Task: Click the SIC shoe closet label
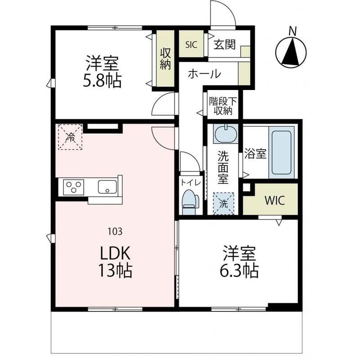191,45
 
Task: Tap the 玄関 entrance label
225,45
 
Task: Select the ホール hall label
204,74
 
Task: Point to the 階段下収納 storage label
223,106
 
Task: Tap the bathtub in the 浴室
282,153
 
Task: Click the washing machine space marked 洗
223,203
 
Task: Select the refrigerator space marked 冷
70,137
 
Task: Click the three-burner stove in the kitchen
73,187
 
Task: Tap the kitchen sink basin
108,187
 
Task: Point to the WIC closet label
275,201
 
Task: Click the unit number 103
115,231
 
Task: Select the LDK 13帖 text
116,261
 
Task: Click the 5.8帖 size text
102,81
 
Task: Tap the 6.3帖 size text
239,271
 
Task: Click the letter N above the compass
292,31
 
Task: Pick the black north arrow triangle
291,51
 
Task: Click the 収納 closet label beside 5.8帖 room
165,58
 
